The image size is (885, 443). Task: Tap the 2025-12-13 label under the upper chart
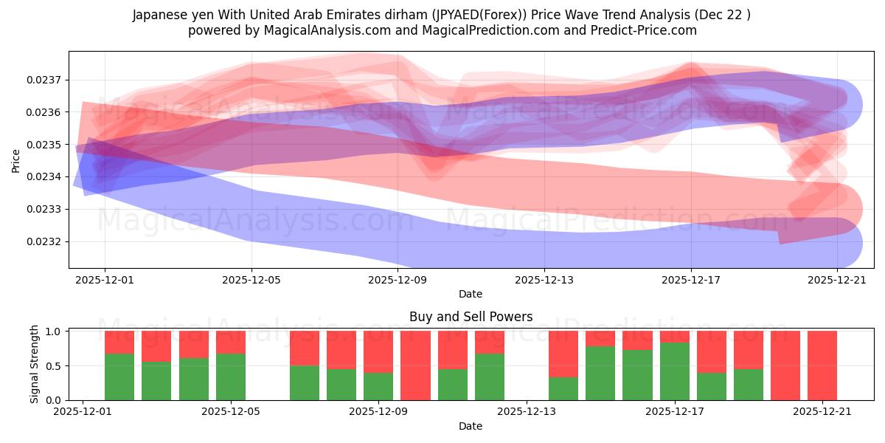click(x=544, y=280)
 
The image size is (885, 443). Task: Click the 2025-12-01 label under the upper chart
click(x=105, y=280)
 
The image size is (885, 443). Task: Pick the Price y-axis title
click(x=16, y=159)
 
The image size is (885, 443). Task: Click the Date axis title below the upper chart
click(x=471, y=294)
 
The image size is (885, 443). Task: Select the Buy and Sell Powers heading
click(x=471, y=317)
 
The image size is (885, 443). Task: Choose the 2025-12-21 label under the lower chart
click(x=822, y=412)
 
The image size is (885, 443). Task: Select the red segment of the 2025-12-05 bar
click(x=231, y=342)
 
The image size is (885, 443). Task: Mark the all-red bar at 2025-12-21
click(x=822, y=365)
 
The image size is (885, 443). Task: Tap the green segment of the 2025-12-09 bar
click(x=378, y=386)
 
